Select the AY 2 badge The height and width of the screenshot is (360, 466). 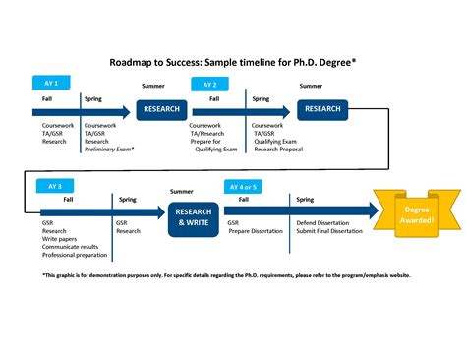pyautogui.click(x=210, y=85)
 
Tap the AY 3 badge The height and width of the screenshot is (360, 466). pyautogui.click(x=54, y=185)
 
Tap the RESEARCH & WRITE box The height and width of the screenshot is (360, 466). pyautogui.click(x=193, y=216)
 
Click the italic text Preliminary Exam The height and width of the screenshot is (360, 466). pyautogui.click(x=109, y=149)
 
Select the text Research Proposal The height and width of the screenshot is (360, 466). pyautogui.click(x=280, y=149)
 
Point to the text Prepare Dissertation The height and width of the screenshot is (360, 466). pyautogui.click(x=255, y=230)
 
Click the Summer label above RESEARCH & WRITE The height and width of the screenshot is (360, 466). pyautogui.click(x=182, y=191)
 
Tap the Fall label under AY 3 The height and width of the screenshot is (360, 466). pyautogui.click(x=69, y=199)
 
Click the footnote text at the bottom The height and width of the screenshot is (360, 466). pyautogui.click(x=226, y=275)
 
